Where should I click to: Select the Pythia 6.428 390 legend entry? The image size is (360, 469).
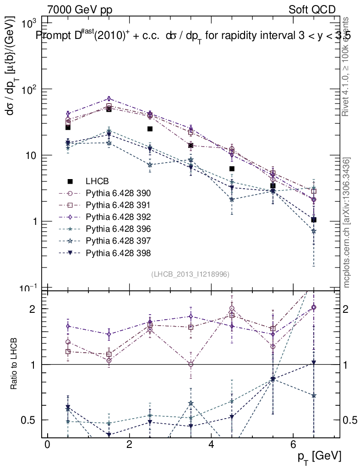[118, 193]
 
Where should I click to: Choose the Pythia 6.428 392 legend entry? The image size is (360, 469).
[118, 217]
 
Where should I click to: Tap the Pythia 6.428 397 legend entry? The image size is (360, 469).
[118, 240]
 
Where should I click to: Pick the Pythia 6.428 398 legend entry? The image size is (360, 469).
[118, 252]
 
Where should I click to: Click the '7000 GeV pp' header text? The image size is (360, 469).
[80, 10]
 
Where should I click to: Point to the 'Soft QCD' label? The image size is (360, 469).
[312, 10]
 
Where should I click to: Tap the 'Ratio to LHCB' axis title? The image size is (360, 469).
[15, 365]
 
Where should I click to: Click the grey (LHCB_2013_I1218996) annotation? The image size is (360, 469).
[190, 274]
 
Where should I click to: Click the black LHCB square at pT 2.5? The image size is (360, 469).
[150, 129]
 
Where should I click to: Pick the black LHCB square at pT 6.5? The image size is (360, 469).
[314, 220]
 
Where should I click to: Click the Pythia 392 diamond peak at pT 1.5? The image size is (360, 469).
[109, 98]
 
